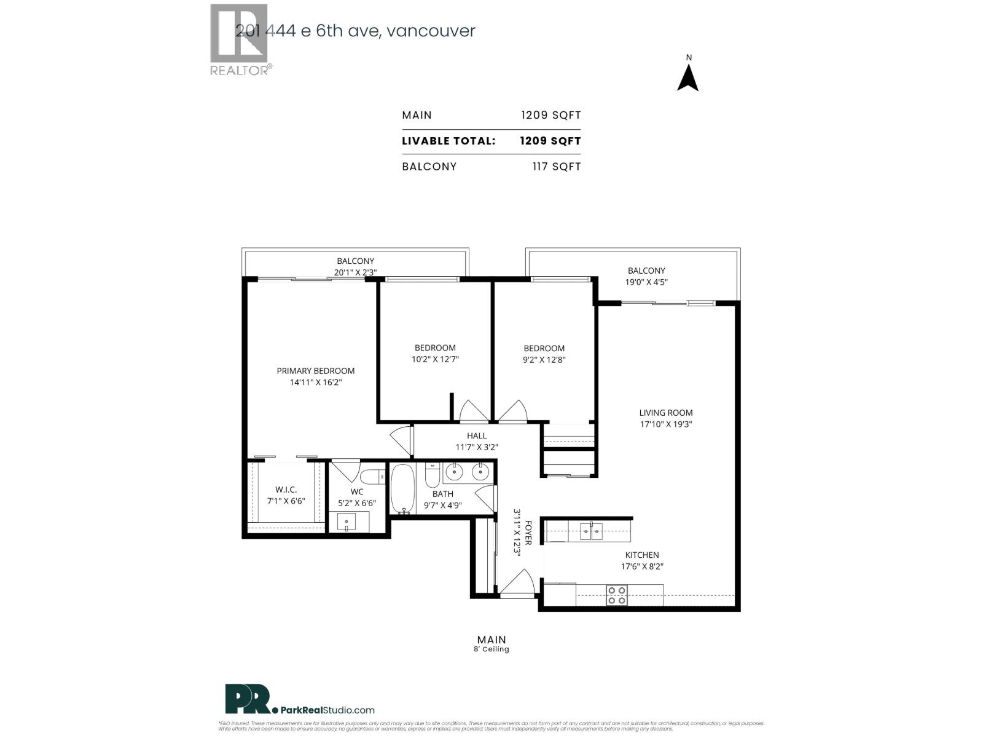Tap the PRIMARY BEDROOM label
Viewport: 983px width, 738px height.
(x=315, y=371)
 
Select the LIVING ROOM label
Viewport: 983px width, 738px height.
(x=665, y=413)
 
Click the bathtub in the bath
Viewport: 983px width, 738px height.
(x=403, y=489)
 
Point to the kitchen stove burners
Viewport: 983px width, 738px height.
(x=617, y=595)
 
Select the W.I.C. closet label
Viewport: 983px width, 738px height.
(x=286, y=490)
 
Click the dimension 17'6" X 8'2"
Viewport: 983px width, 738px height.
(x=642, y=566)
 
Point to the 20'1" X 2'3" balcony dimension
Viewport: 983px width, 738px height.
(x=355, y=272)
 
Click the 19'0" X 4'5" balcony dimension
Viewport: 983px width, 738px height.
(x=646, y=282)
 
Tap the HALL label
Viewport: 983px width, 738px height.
(x=476, y=436)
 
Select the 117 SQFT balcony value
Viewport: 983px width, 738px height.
(x=557, y=167)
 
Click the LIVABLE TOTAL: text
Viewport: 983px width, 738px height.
(x=448, y=141)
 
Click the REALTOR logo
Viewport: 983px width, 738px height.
(x=240, y=40)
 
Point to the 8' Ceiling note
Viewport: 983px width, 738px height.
(x=491, y=649)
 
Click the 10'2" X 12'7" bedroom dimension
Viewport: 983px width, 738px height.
(x=435, y=359)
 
